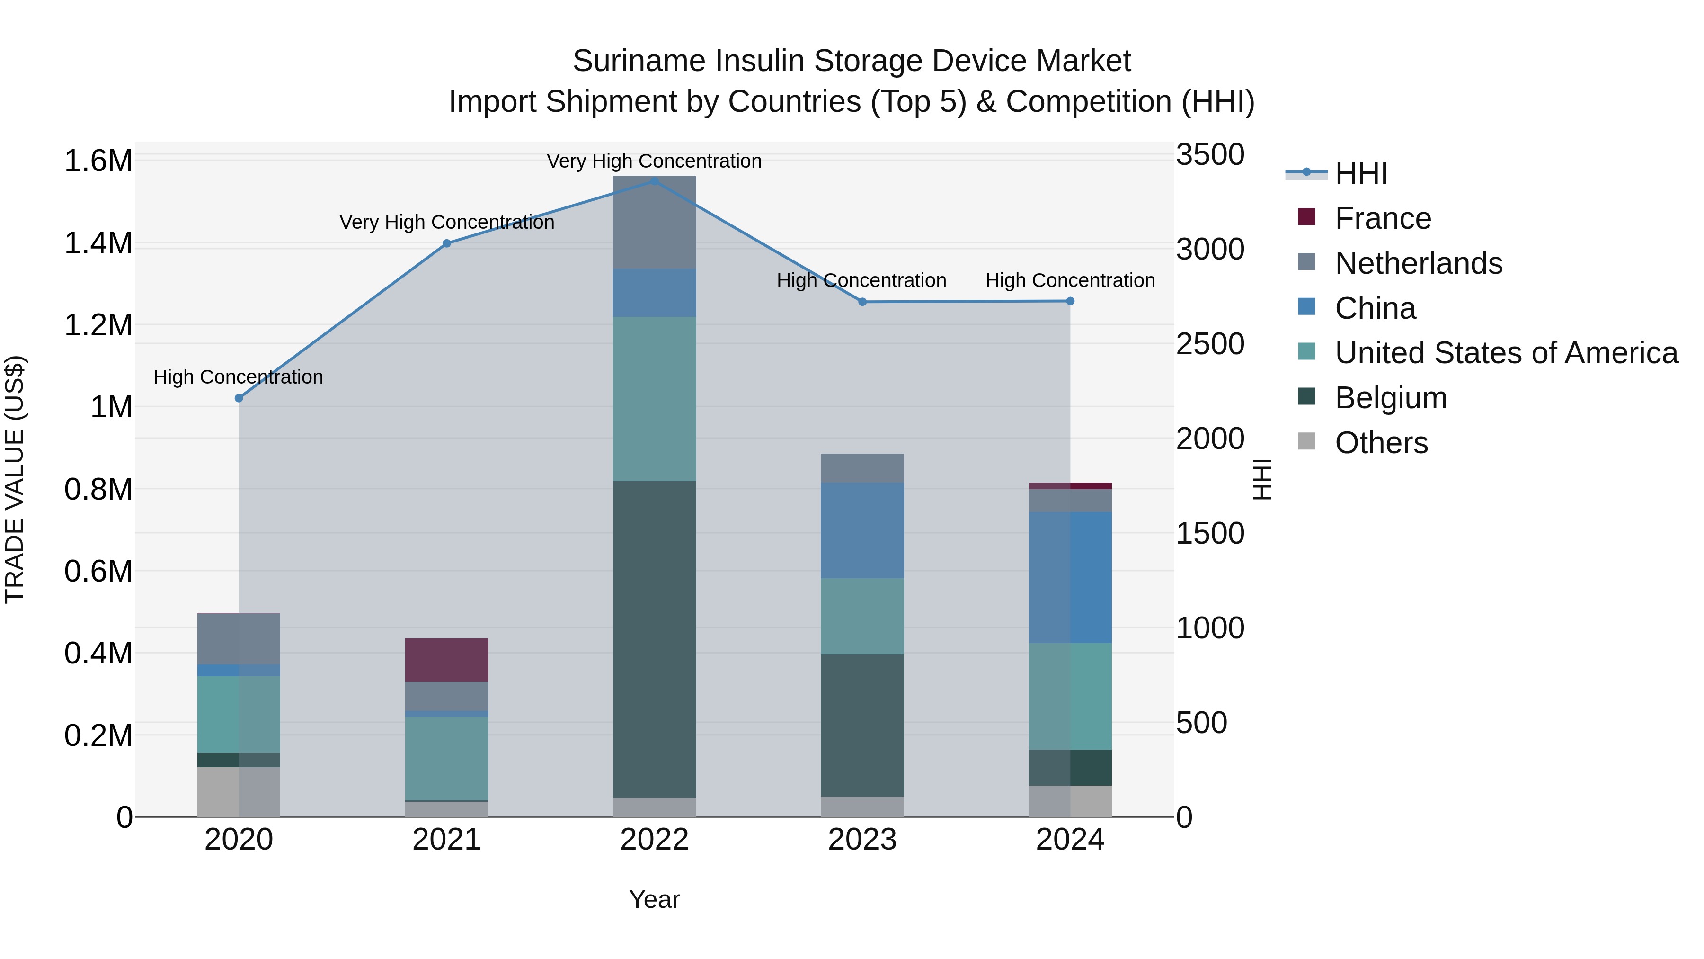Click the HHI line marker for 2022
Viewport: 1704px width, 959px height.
coord(654,181)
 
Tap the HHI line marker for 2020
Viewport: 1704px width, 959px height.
coord(239,398)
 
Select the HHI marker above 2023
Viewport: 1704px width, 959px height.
coord(862,302)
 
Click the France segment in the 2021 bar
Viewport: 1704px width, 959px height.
coord(446,660)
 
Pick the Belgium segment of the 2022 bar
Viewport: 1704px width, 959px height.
coord(654,639)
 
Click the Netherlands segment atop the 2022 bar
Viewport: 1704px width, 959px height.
coord(654,222)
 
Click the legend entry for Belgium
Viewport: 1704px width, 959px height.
coord(1391,398)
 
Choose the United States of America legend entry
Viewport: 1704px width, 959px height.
coord(1506,353)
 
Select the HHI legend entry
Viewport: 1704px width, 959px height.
coord(1361,173)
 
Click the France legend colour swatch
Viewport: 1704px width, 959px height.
coord(1306,217)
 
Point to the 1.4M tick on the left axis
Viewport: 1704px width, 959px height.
coord(98,243)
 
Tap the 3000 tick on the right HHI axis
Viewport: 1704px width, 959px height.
coord(1210,250)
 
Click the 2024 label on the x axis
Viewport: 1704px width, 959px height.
coord(1070,840)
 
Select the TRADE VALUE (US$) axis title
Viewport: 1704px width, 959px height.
coord(15,479)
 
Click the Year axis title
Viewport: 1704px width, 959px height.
coord(654,899)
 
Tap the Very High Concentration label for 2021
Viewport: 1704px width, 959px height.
coord(446,223)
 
